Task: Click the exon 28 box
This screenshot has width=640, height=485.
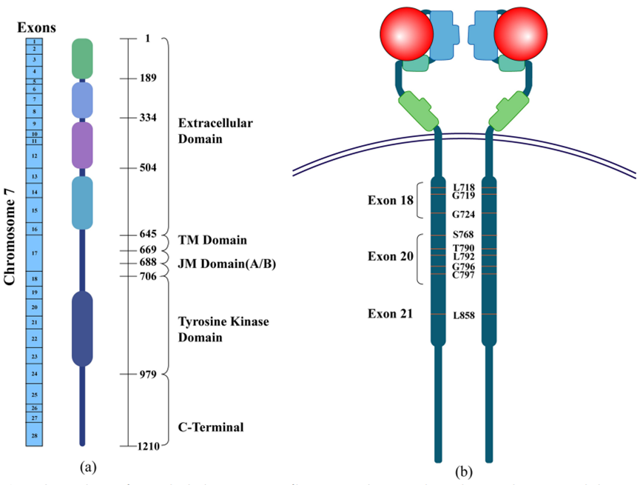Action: (x=36, y=435)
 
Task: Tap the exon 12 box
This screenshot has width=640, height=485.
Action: (x=36, y=156)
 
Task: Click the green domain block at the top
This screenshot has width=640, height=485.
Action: (x=82, y=58)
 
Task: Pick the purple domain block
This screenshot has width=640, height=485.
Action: (x=82, y=144)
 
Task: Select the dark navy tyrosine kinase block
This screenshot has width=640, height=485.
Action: (x=82, y=328)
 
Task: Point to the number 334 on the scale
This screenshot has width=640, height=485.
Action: (x=149, y=118)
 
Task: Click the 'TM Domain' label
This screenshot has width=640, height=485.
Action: (x=212, y=241)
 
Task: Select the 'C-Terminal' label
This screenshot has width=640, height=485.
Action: (x=212, y=427)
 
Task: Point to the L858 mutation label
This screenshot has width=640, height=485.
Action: (x=464, y=315)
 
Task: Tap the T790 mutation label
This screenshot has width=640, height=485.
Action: (x=464, y=247)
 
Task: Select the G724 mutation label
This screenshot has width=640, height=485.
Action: (x=464, y=215)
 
